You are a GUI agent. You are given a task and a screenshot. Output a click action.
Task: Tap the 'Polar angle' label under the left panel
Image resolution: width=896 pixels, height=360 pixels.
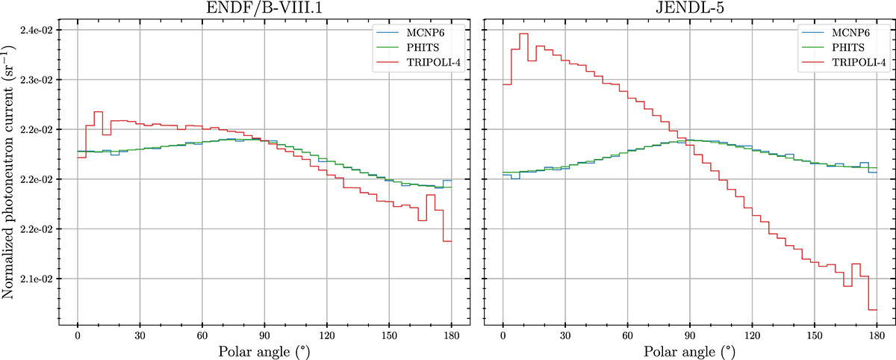click(264, 350)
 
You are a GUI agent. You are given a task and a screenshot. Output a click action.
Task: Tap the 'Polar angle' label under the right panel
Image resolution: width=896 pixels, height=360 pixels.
click(689, 350)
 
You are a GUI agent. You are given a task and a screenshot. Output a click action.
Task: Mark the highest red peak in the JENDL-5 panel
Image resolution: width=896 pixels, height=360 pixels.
click(523, 34)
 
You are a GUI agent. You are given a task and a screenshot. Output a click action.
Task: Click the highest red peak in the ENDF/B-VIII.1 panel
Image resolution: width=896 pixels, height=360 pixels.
click(98, 112)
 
